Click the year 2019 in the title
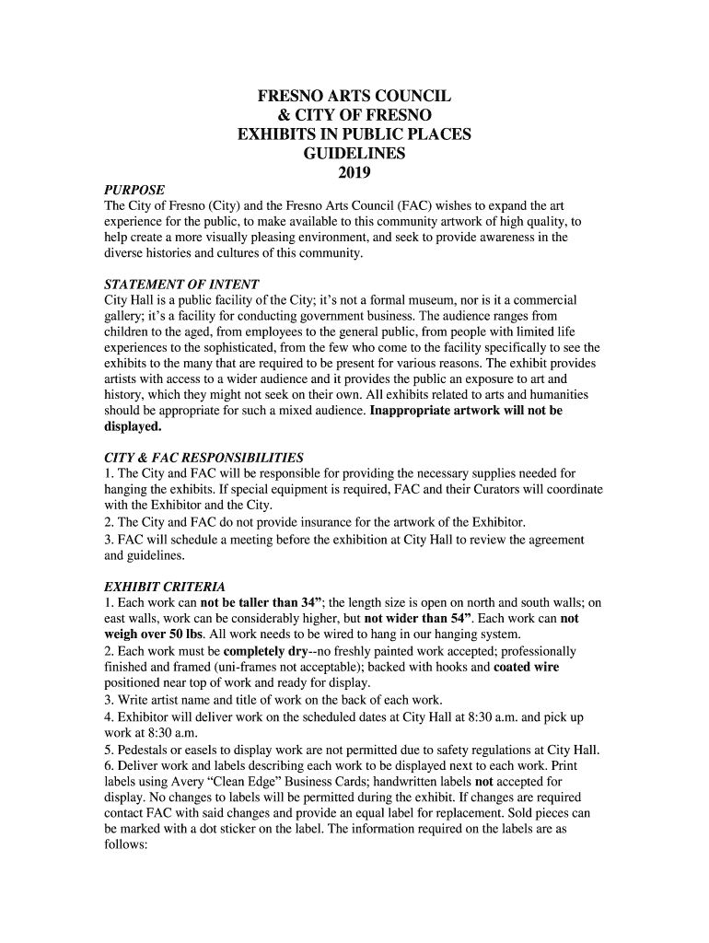click(x=354, y=172)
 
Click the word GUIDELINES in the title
click(x=354, y=154)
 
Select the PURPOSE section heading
click(x=134, y=190)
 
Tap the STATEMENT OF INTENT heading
click(x=181, y=284)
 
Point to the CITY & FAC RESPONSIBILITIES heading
click(x=203, y=458)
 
